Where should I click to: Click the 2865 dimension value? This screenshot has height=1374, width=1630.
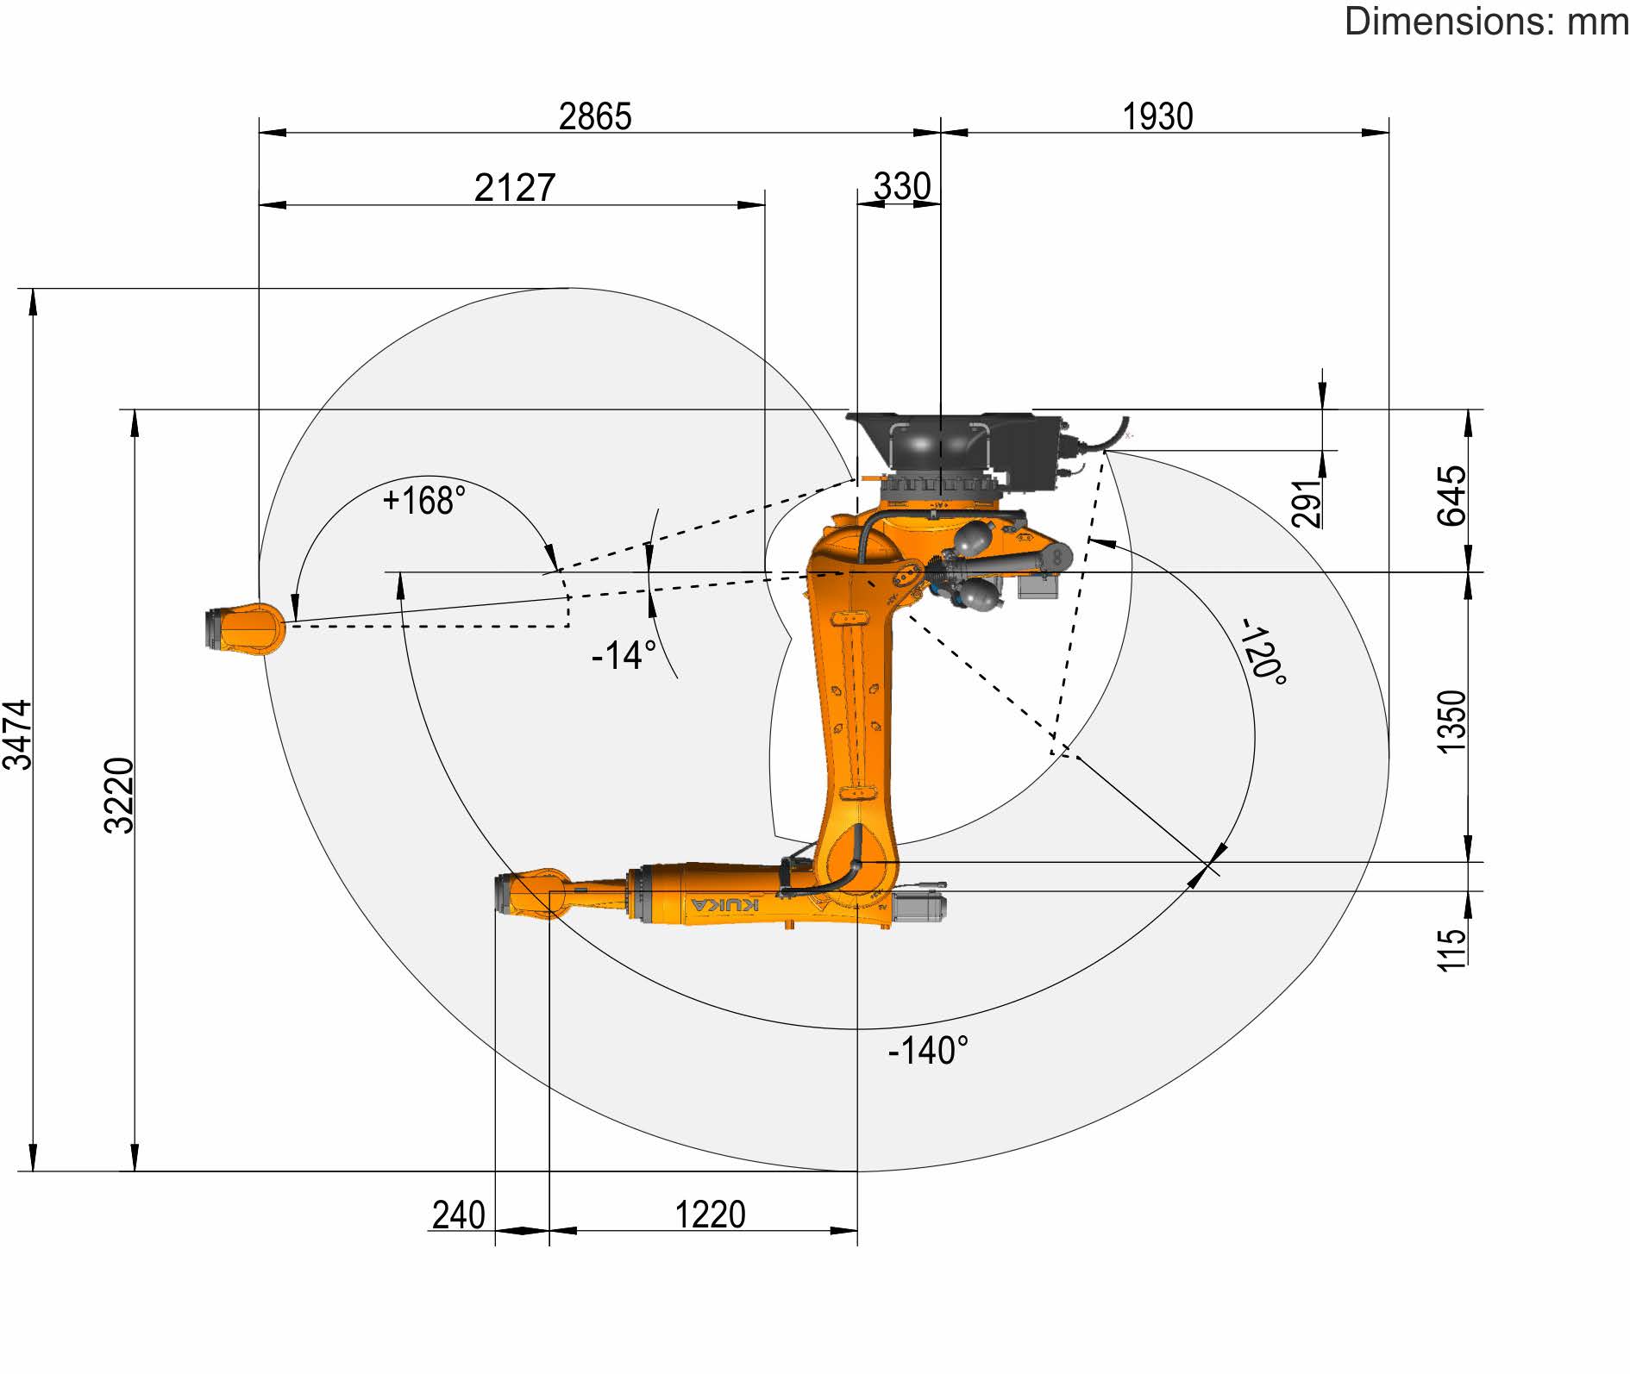[595, 116]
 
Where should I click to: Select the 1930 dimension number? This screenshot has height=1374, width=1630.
[1157, 116]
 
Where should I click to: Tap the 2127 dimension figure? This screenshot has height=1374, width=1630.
[515, 188]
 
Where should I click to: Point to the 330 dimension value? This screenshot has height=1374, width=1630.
[902, 186]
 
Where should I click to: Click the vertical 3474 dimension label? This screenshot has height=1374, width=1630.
[19, 734]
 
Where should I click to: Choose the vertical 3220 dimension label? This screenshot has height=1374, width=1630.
[120, 795]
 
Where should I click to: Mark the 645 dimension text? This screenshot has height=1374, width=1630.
[1451, 496]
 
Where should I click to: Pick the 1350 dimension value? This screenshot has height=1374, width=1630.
[1451, 721]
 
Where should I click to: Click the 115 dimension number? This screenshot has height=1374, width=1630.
[1451, 949]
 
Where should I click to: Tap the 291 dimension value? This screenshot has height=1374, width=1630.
[1307, 503]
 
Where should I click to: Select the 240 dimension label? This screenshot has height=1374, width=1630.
[459, 1215]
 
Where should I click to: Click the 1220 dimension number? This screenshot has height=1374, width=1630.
[710, 1215]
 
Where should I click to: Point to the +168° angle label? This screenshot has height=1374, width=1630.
[423, 500]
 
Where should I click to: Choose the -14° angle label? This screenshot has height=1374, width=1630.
[624, 656]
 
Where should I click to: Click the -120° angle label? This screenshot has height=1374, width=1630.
[1263, 652]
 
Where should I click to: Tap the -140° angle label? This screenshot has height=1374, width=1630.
[928, 1051]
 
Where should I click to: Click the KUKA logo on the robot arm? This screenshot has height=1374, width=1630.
[725, 904]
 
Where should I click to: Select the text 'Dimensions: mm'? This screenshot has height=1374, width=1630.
[1486, 21]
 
